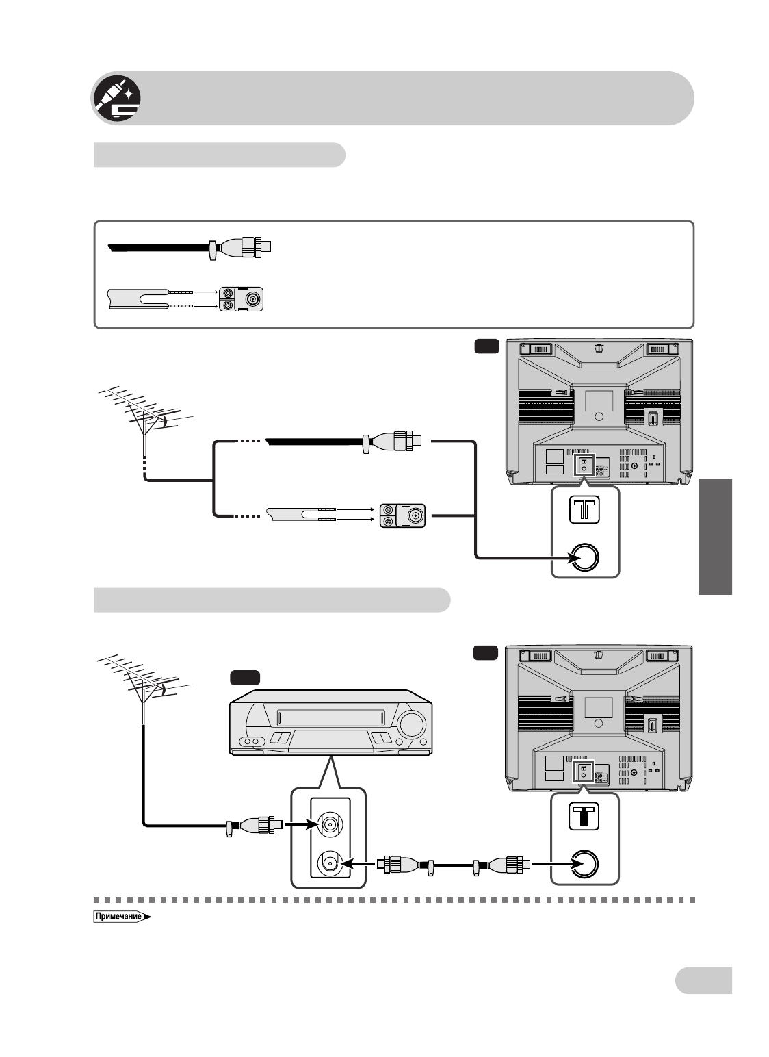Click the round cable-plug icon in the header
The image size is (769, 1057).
pos(117,99)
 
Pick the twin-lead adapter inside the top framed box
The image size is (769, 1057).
pos(244,298)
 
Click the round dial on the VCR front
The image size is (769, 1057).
pos(410,724)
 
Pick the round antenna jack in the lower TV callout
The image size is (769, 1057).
pos(584,863)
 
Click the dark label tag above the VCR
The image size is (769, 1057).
pos(244,678)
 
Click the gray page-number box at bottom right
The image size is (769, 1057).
pos(703,980)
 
